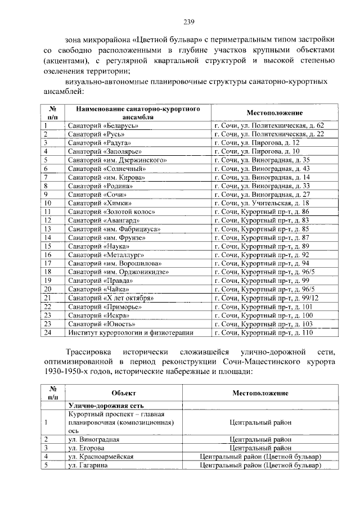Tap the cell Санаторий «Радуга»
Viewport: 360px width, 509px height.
pos(98,143)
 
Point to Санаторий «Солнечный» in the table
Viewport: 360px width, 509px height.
pos(104,169)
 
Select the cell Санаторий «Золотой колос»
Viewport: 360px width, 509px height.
pos(108,211)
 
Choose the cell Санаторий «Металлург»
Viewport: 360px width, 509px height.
pos(103,255)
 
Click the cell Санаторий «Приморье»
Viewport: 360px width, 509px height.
pos(102,307)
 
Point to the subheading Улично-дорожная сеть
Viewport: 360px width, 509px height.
pos(107,405)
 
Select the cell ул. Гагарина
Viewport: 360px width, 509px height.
pos(90,466)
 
